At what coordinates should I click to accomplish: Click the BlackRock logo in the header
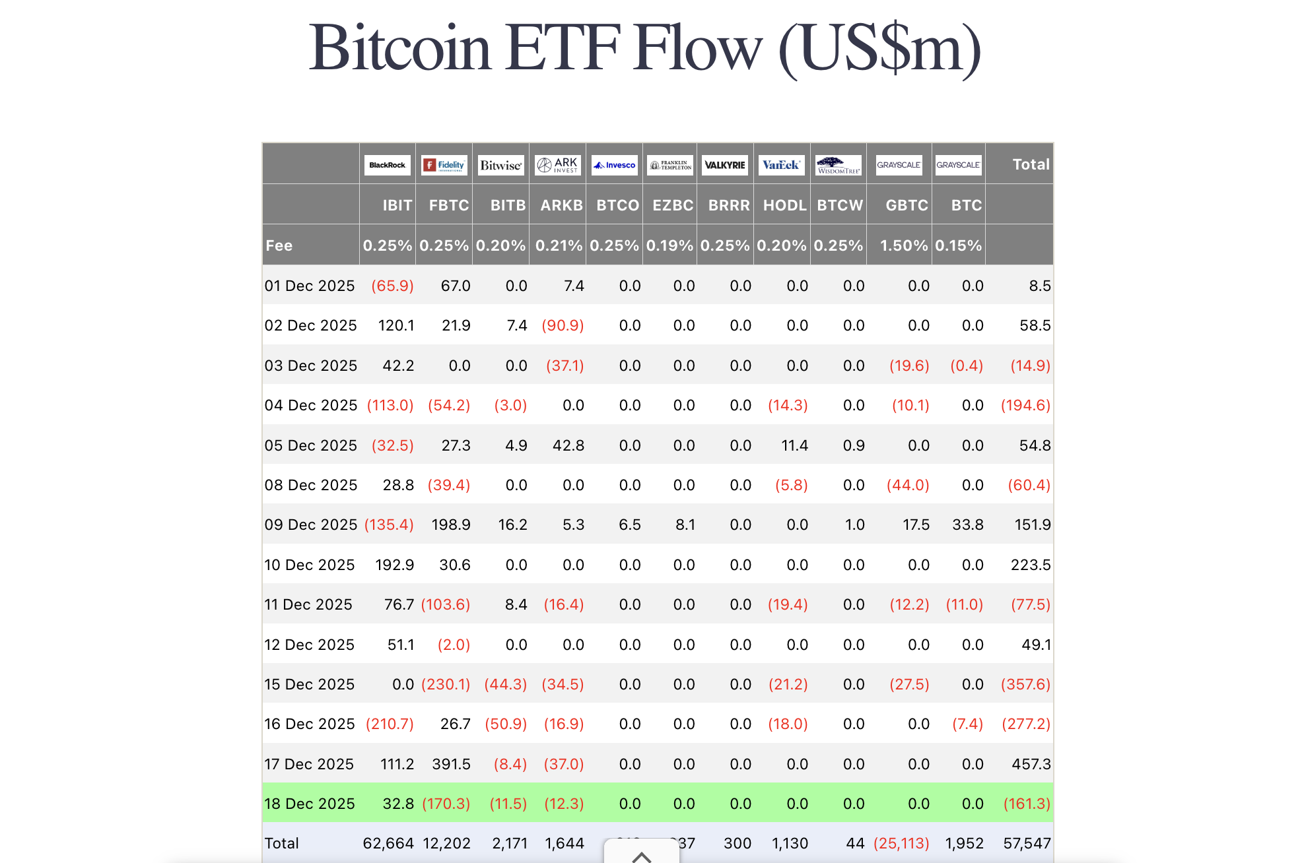pyautogui.click(x=388, y=165)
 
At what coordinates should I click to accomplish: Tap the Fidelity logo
pyautogui.click(x=444, y=165)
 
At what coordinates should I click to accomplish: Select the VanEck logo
pyautogui.click(x=781, y=165)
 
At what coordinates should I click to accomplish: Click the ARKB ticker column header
pyautogui.click(x=561, y=205)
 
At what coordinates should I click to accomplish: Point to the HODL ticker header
pyautogui.click(x=784, y=205)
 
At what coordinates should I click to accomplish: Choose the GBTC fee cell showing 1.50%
pyautogui.click(x=903, y=245)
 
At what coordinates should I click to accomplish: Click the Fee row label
pyautogui.click(x=279, y=245)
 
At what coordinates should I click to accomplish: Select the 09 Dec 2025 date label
pyautogui.click(x=310, y=525)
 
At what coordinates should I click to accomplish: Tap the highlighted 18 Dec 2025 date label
pyautogui.click(x=310, y=804)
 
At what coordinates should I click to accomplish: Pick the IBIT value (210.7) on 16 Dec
pyautogui.click(x=390, y=724)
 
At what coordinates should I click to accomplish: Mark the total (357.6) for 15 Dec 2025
pyautogui.click(x=1025, y=684)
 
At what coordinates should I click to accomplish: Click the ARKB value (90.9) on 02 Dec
pyautogui.click(x=563, y=325)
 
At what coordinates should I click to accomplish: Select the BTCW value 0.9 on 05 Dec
pyautogui.click(x=854, y=445)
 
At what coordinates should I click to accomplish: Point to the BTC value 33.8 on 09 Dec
pyautogui.click(x=967, y=525)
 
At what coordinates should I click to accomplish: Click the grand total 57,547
pyautogui.click(x=1027, y=843)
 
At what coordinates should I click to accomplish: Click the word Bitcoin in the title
pyautogui.click(x=399, y=48)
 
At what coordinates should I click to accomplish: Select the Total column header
pyautogui.click(x=1031, y=164)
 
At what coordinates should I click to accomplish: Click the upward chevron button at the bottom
pyautogui.click(x=641, y=855)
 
